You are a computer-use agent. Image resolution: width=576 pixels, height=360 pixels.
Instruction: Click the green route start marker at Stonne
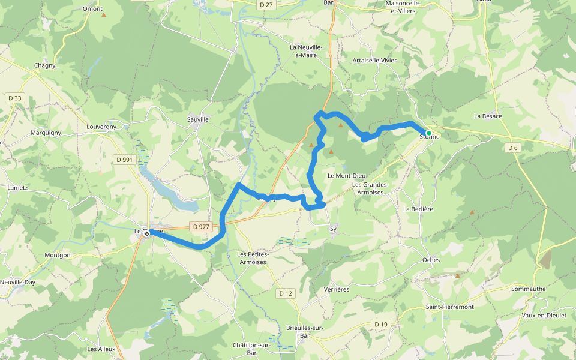coord(428,133)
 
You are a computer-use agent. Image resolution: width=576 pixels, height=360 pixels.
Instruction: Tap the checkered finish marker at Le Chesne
coord(146,233)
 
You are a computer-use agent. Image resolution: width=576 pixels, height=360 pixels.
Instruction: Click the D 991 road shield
coord(125,160)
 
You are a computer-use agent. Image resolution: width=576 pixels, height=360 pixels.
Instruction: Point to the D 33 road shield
coord(15,98)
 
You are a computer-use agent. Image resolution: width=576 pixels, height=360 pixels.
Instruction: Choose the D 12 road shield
coord(286,293)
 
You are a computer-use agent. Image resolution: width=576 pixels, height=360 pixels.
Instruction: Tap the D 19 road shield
coord(381,324)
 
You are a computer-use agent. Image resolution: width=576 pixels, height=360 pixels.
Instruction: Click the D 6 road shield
coord(512,148)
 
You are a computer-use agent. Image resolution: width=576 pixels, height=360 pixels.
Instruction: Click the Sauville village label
coord(197,119)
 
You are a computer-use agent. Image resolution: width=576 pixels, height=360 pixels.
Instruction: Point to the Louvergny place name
coord(101,127)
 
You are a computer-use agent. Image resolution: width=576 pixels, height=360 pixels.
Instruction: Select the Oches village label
coord(431,260)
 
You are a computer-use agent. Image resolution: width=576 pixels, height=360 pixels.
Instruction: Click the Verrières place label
coord(336,289)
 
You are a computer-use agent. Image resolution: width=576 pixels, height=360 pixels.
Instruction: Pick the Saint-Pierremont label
coord(449,307)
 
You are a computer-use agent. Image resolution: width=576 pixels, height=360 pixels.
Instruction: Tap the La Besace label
coord(488,116)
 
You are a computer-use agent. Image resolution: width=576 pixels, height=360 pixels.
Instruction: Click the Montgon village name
coord(58,255)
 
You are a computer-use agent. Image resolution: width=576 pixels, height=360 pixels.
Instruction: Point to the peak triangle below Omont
coord(103,15)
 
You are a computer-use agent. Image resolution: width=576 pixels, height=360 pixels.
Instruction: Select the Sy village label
coord(334,229)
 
